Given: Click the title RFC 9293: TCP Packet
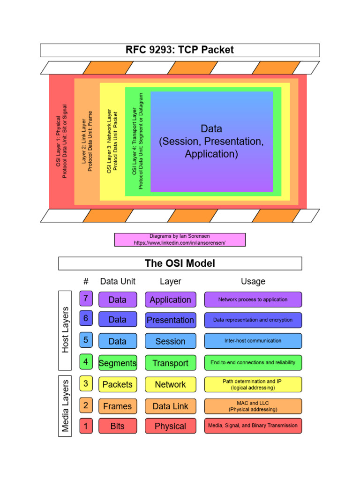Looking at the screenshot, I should coord(180,50).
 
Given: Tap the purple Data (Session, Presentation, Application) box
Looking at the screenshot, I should coord(211,141).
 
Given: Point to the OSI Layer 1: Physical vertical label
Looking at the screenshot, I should coord(61,141).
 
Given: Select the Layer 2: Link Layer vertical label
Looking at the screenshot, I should coord(87,141).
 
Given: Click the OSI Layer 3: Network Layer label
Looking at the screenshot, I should coord(112,141).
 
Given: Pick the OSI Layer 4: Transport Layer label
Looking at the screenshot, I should coord(138,141).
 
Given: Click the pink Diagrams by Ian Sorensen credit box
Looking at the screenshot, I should coord(180,240).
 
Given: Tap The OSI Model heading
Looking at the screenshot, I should coord(180,263).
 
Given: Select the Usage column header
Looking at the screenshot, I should coord(253,281).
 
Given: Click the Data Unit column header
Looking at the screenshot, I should coord(118,281).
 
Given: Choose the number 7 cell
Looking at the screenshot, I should coord(86,299).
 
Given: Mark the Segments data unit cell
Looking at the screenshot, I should coord(118,363).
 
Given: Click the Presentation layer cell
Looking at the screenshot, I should coord(170,320).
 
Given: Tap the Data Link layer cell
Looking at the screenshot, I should coord(170,406).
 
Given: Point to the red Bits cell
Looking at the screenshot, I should coord(118,426).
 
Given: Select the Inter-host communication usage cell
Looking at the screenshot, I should coord(253,341).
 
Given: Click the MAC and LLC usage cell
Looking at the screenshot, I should coord(253,406).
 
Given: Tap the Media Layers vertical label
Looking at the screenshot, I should coord(65,405).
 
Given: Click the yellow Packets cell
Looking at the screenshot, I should coord(118,384).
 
